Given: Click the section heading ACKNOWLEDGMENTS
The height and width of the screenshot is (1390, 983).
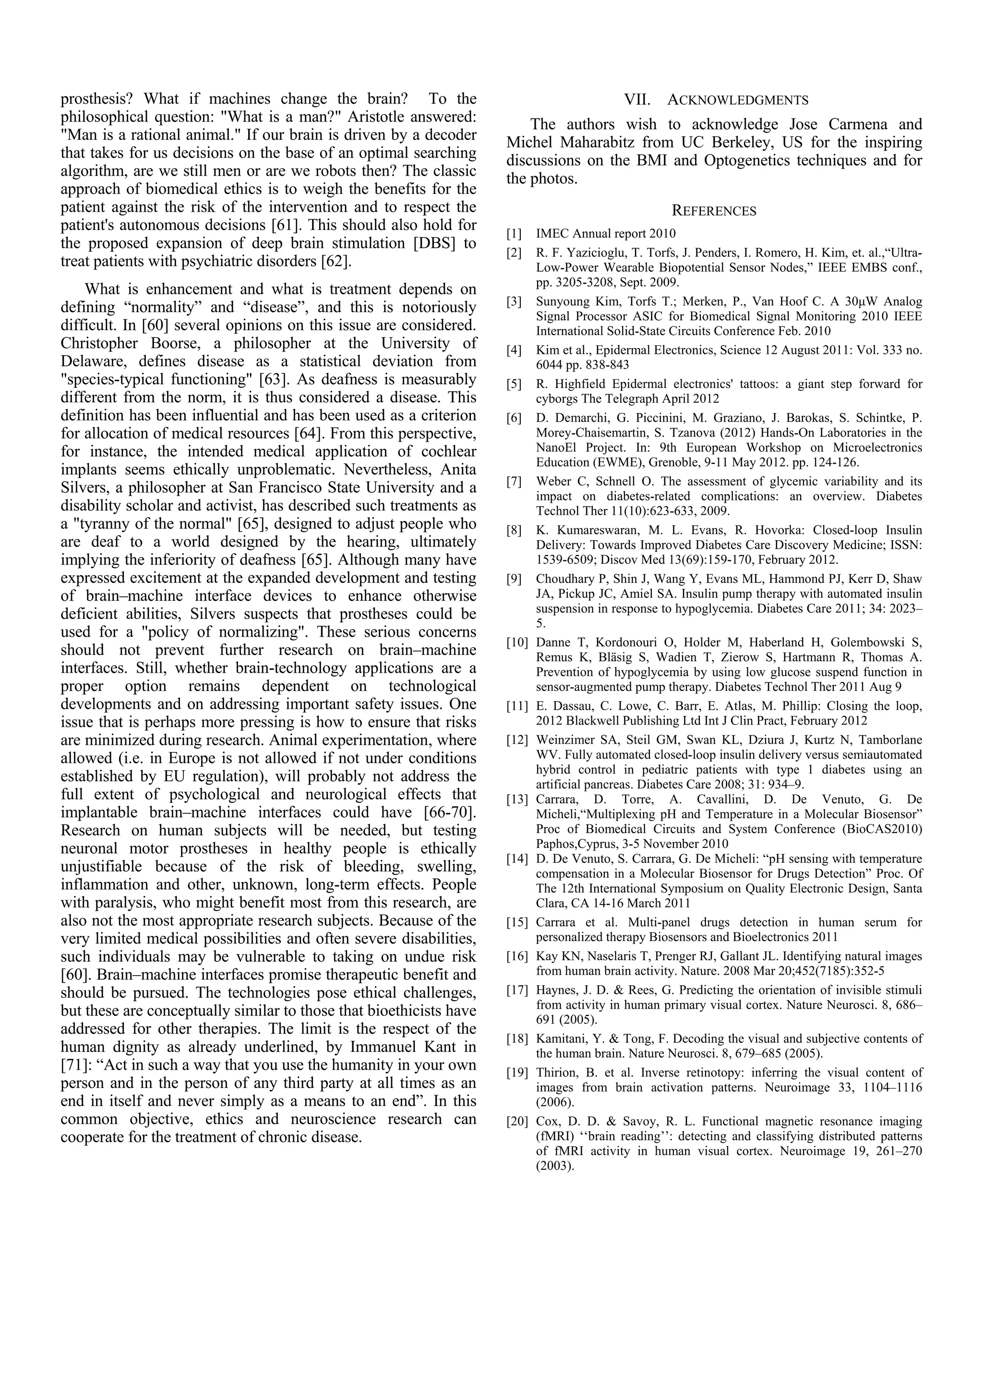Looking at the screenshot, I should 737,100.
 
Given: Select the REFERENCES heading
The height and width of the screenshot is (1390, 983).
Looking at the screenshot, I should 714,211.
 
